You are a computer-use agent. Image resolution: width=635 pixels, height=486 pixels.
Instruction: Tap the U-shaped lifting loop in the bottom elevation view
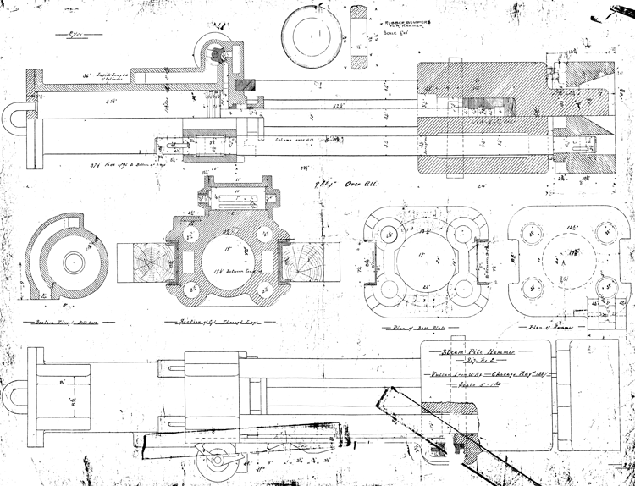(x=16, y=399)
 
